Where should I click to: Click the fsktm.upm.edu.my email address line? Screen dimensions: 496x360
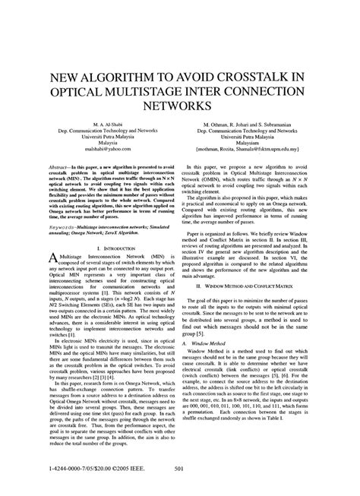[263, 151]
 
